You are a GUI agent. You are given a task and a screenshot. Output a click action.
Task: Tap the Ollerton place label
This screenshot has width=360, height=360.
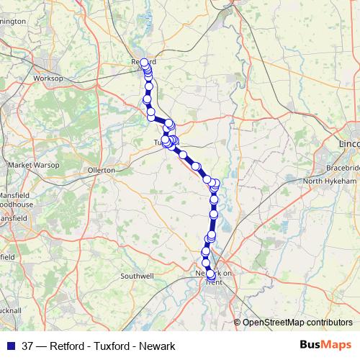102,171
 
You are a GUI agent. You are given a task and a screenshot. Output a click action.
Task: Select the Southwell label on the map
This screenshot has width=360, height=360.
137,276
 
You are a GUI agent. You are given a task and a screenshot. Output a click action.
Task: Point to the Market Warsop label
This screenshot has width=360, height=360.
27,166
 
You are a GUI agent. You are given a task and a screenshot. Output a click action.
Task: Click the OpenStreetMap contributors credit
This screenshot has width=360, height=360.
297,323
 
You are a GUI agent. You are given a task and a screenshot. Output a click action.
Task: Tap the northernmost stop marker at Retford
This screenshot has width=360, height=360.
144,62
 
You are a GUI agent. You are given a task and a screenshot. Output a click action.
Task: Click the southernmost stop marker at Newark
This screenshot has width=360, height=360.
211,274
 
